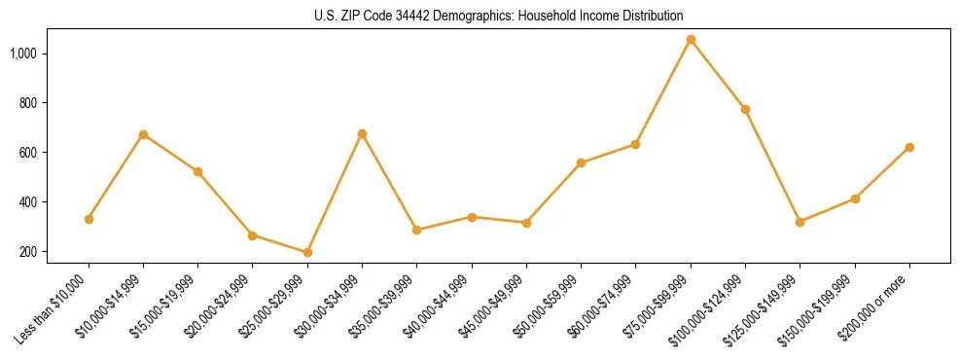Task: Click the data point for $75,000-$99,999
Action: coord(691,40)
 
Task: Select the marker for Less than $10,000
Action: coord(89,219)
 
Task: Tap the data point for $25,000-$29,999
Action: coord(307,252)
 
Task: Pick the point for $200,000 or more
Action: coord(909,147)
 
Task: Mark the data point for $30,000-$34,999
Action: coord(362,133)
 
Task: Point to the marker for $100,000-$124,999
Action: coord(745,109)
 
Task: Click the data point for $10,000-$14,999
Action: coord(143,134)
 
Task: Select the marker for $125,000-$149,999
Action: coord(800,222)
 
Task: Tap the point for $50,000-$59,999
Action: coord(581,162)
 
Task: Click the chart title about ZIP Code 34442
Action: coord(499,17)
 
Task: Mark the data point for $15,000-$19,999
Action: coord(197,171)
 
